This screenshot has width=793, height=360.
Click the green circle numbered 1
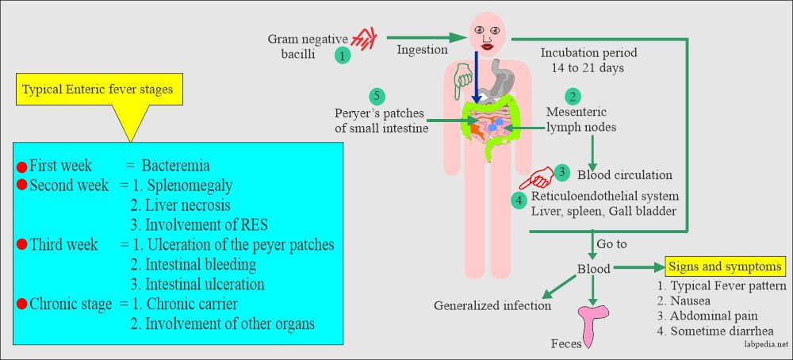(342, 56)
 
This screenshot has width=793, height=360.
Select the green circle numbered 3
(561, 171)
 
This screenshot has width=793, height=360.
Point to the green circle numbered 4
(519, 201)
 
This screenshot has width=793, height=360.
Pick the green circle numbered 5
(377, 97)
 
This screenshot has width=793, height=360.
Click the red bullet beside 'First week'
(21, 167)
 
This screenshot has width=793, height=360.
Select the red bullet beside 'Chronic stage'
(21, 304)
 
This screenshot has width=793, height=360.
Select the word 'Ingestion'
(422, 50)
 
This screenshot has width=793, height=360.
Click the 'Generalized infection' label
(492, 304)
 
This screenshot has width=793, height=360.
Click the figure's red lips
(485, 52)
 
